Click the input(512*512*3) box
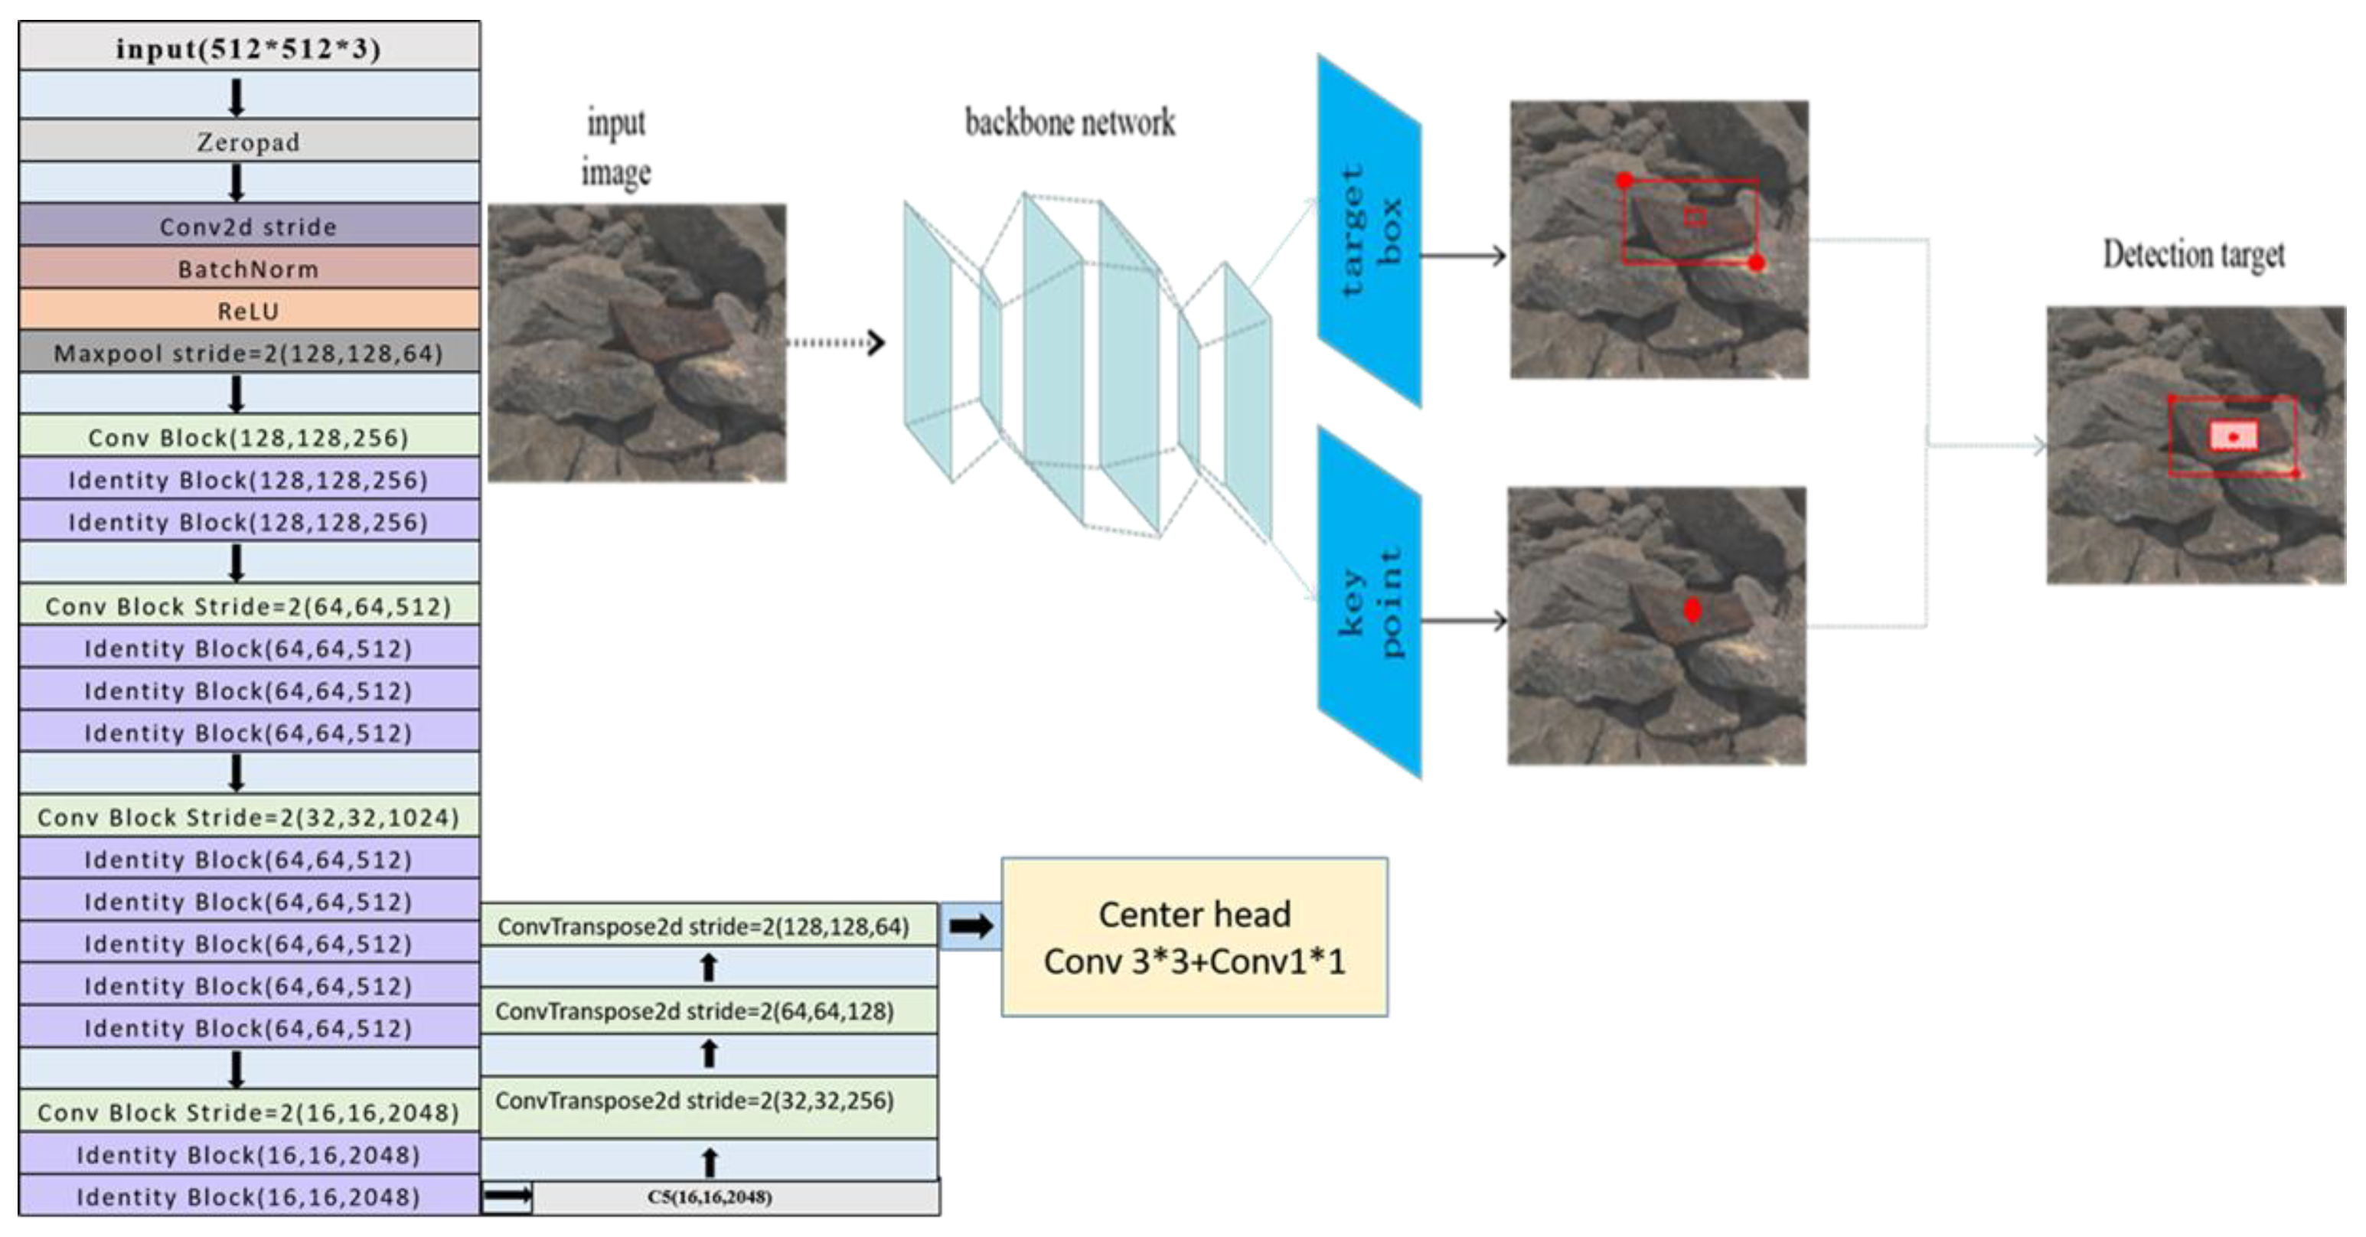[x=248, y=47]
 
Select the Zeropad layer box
[x=248, y=142]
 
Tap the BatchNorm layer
[x=248, y=269]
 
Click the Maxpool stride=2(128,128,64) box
[x=248, y=354]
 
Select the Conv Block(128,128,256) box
[x=248, y=437]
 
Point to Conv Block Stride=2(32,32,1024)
[x=248, y=818]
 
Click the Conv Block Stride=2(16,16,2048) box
[x=248, y=1112]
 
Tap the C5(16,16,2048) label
[x=709, y=1196]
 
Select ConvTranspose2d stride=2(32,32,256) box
[x=695, y=1100]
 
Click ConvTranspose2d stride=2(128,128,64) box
[x=703, y=925]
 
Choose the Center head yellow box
[x=1194, y=938]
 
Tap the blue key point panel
[x=1369, y=602]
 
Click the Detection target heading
[x=2193, y=254]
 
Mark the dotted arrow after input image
[x=836, y=342]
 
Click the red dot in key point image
[x=1692, y=611]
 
